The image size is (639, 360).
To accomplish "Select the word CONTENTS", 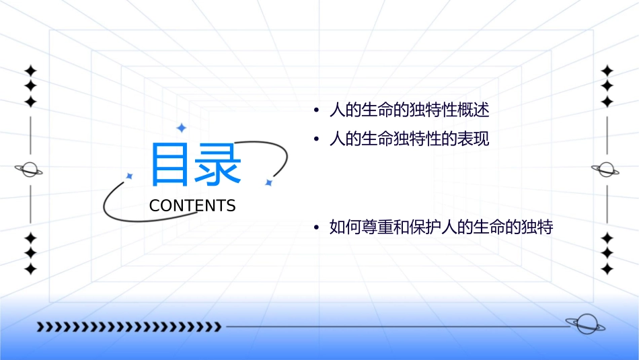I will click(x=192, y=206).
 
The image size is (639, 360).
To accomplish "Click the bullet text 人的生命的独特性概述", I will click(x=405, y=110).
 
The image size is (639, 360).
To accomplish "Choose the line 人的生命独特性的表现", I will click(x=409, y=139).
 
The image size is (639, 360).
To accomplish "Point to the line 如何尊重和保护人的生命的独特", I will click(x=441, y=227).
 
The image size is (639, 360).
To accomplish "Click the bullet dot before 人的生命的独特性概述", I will click(x=316, y=110).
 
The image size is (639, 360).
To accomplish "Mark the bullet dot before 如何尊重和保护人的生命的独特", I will click(x=316, y=228).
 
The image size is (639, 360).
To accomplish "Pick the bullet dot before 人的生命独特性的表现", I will click(x=316, y=140).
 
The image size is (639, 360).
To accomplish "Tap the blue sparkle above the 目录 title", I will click(x=181, y=127).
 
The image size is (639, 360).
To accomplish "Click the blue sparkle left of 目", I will click(x=130, y=176).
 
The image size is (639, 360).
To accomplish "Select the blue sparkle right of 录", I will click(x=268, y=182).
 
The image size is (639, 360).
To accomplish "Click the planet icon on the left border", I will click(x=30, y=170).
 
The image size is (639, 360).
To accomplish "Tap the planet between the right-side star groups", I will click(x=606, y=170).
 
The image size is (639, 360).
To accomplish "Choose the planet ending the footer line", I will click(x=584, y=324).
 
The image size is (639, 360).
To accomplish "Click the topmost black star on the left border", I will click(x=30, y=71).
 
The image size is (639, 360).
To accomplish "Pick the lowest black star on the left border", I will click(x=30, y=268).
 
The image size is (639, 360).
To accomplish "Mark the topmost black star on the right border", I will click(x=607, y=71).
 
